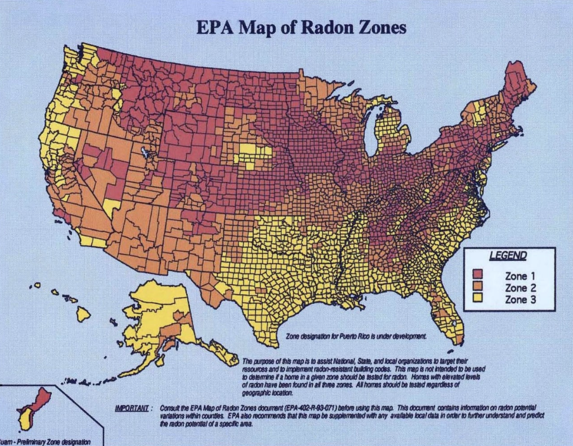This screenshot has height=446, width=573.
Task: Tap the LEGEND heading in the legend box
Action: pyautogui.click(x=507, y=256)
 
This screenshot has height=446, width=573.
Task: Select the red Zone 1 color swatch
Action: pyautogui.click(x=478, y=274)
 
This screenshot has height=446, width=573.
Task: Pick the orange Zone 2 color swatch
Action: pyautogui.click(x=478, y=286)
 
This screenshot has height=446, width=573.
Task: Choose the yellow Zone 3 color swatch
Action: pyautogui.click(x=478, y=299)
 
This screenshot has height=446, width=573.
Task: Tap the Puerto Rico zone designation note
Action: pyautogui.click(x=356, y=335)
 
